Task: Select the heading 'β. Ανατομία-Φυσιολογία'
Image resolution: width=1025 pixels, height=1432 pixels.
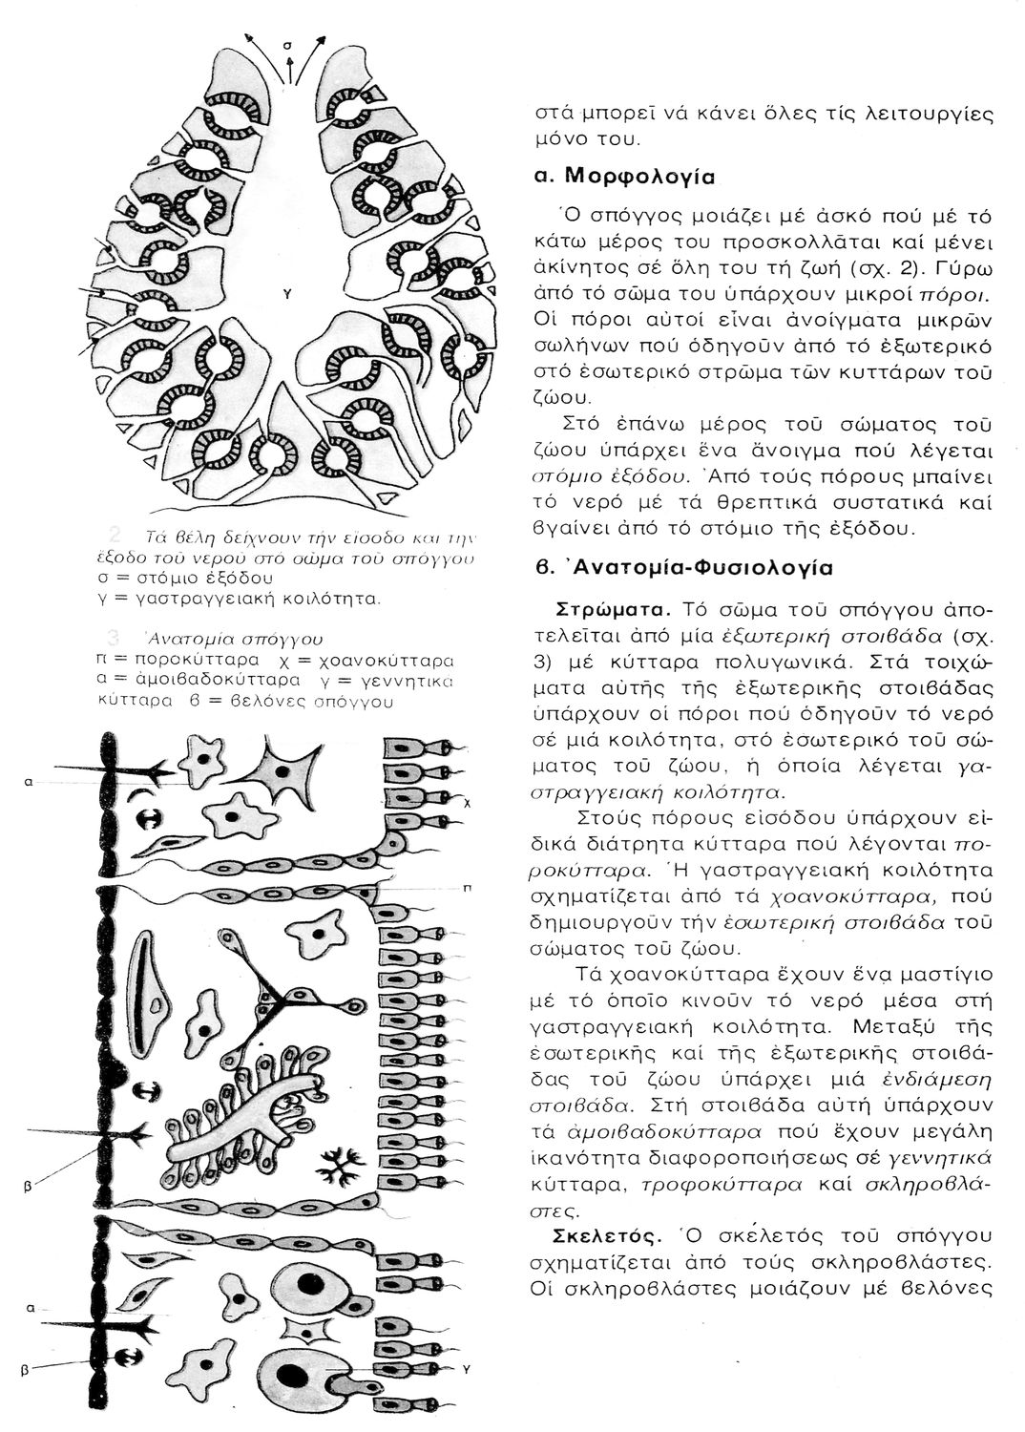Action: [x=683, y=567]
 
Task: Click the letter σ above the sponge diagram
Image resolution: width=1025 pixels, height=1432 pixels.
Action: [x=287, y=44]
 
